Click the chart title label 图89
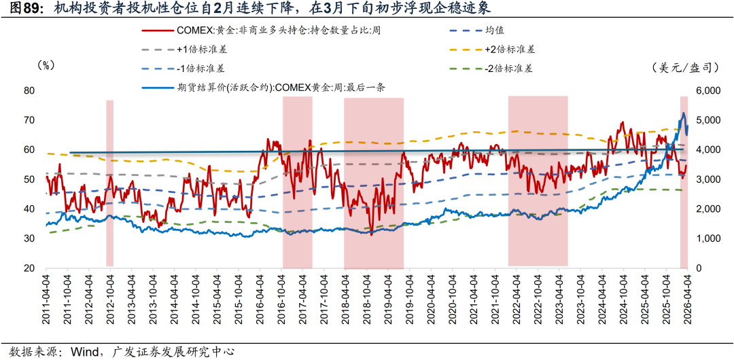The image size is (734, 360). [21, 9]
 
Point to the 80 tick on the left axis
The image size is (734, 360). [29, 91]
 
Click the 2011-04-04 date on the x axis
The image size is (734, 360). [46, 300]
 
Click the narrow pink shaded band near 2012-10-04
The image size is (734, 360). [109, 183]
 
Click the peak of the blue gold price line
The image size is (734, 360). [683, 113]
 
